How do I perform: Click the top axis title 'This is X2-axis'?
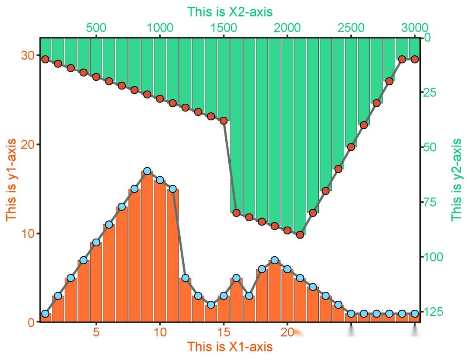point(230,12)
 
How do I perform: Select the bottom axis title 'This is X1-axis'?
point(230,347)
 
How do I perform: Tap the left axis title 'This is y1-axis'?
point(12,180)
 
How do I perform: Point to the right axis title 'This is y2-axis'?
point(456,180)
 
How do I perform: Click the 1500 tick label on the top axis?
point(224,28)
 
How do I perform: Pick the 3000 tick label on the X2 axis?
point(414,28)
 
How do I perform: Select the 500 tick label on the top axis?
point(96,28)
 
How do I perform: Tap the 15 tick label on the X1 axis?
point(224,333)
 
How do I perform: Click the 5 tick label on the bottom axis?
point(96,333)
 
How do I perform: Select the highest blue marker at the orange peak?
point(147,171)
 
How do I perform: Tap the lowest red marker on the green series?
point(300,235)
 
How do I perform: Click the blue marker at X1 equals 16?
point(236,278)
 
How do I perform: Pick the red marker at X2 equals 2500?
point(351,147)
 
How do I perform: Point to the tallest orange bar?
point(147,246)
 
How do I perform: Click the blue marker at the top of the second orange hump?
point(275,261)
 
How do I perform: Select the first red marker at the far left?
point(45,59)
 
